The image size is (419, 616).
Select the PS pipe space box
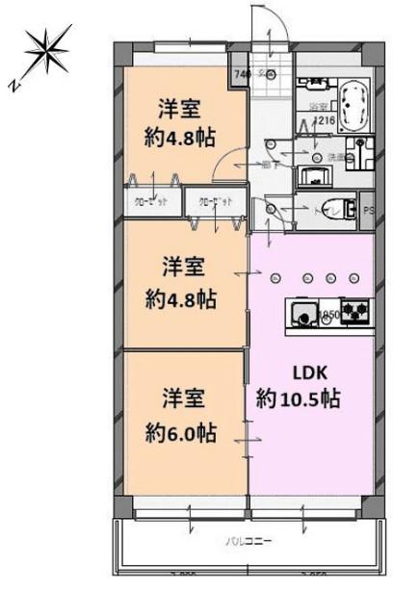[x=369, y=211]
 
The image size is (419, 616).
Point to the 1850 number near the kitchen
[x=329, y=314]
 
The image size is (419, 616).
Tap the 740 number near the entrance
[x=241, y=73]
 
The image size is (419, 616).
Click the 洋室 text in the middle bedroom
[x=181, y=263]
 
